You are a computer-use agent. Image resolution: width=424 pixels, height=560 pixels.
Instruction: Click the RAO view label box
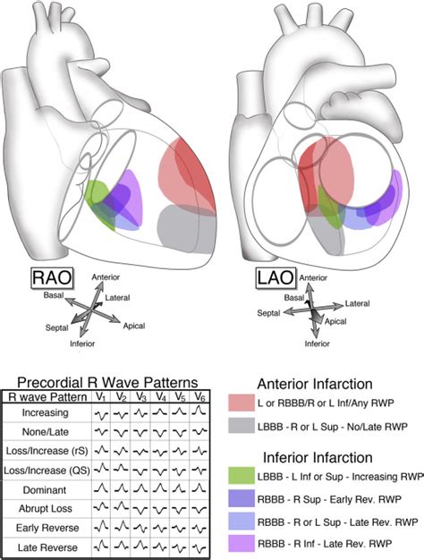coord(52,278)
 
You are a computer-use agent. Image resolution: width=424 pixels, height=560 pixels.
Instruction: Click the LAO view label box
coord(276,278)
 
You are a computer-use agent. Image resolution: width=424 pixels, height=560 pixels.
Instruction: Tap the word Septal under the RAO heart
coord(56,327)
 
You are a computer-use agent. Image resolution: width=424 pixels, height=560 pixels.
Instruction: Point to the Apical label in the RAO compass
coord(134,326)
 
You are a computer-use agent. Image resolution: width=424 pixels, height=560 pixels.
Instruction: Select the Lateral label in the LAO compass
coord(357,303)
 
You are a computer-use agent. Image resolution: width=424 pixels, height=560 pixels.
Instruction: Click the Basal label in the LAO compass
coord(294,298)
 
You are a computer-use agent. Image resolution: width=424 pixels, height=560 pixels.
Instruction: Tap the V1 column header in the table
coord(101,397)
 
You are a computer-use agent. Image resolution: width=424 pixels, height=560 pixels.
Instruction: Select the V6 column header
coord(199,397)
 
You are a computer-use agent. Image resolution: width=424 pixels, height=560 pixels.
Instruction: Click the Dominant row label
coord(45,489)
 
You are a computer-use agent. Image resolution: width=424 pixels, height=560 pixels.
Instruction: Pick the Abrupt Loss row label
coord(46,508)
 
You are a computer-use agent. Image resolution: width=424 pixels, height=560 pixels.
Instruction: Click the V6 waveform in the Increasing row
coord(199,412)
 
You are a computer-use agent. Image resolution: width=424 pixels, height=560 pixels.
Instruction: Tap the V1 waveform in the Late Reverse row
coord(101,546)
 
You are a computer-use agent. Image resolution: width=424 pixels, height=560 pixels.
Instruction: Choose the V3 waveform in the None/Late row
coord(140,432)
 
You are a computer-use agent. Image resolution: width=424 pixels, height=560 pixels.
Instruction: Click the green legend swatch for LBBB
coord(242,476)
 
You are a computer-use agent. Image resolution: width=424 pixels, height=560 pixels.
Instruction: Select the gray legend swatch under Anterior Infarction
coord(242,426)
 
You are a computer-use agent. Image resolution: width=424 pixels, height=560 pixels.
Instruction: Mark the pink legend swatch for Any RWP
coord(242,403)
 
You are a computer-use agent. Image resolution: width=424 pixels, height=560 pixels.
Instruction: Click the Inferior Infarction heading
coord(318,457)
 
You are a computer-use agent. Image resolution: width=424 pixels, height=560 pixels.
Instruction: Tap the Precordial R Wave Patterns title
coord(107,383)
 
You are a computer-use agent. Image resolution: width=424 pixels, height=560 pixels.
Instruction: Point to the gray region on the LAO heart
coord(326,233)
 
